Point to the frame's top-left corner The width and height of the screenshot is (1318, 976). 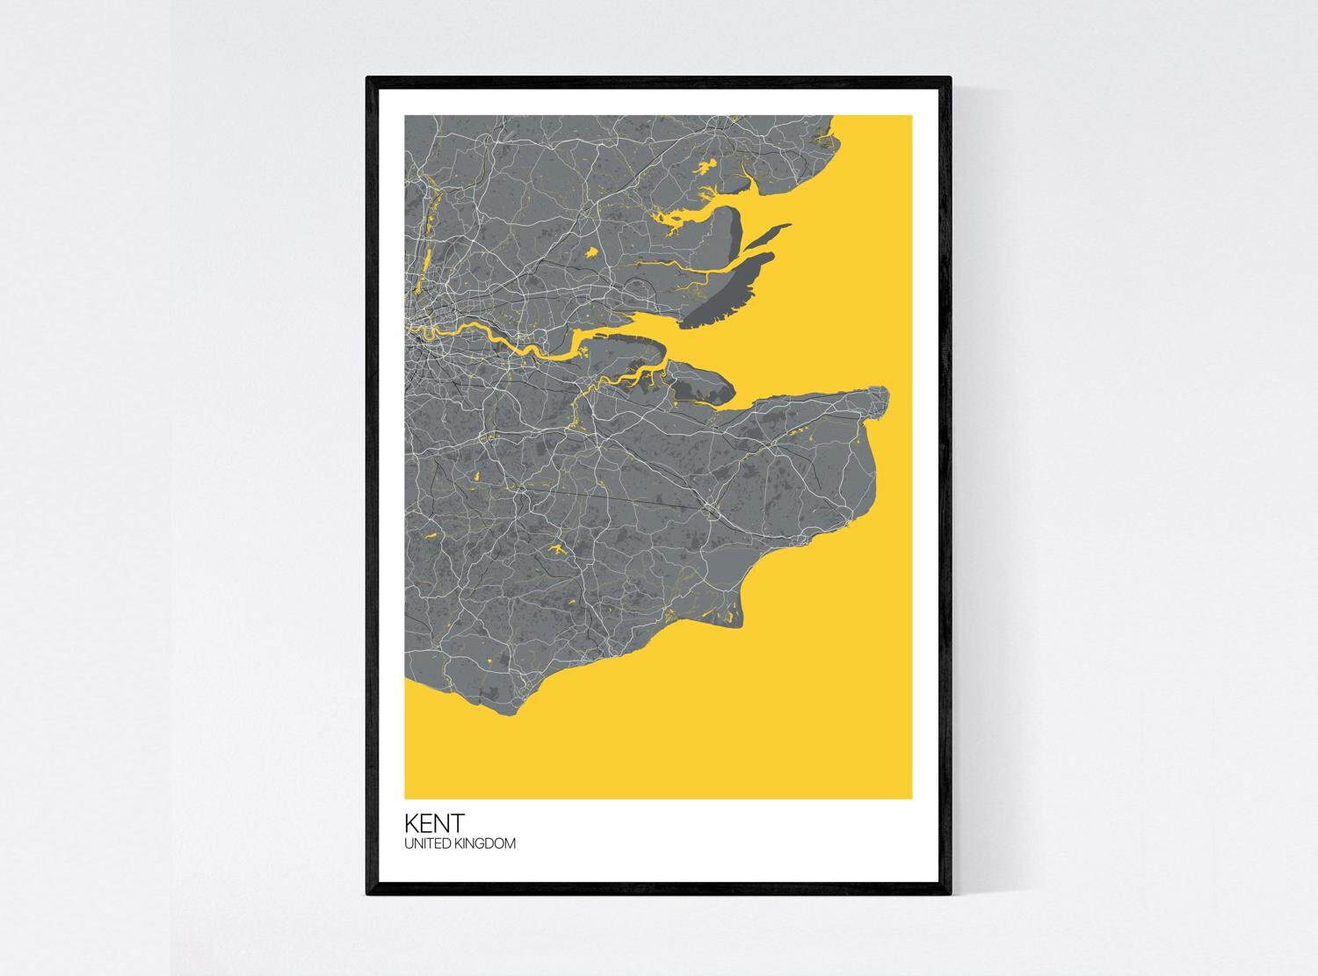[367, 78]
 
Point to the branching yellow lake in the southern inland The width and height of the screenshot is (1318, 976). [555, 550]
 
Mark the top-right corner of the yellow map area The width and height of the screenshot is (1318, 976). [912, 116]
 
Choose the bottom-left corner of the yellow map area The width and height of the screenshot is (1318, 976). [405, 798]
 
